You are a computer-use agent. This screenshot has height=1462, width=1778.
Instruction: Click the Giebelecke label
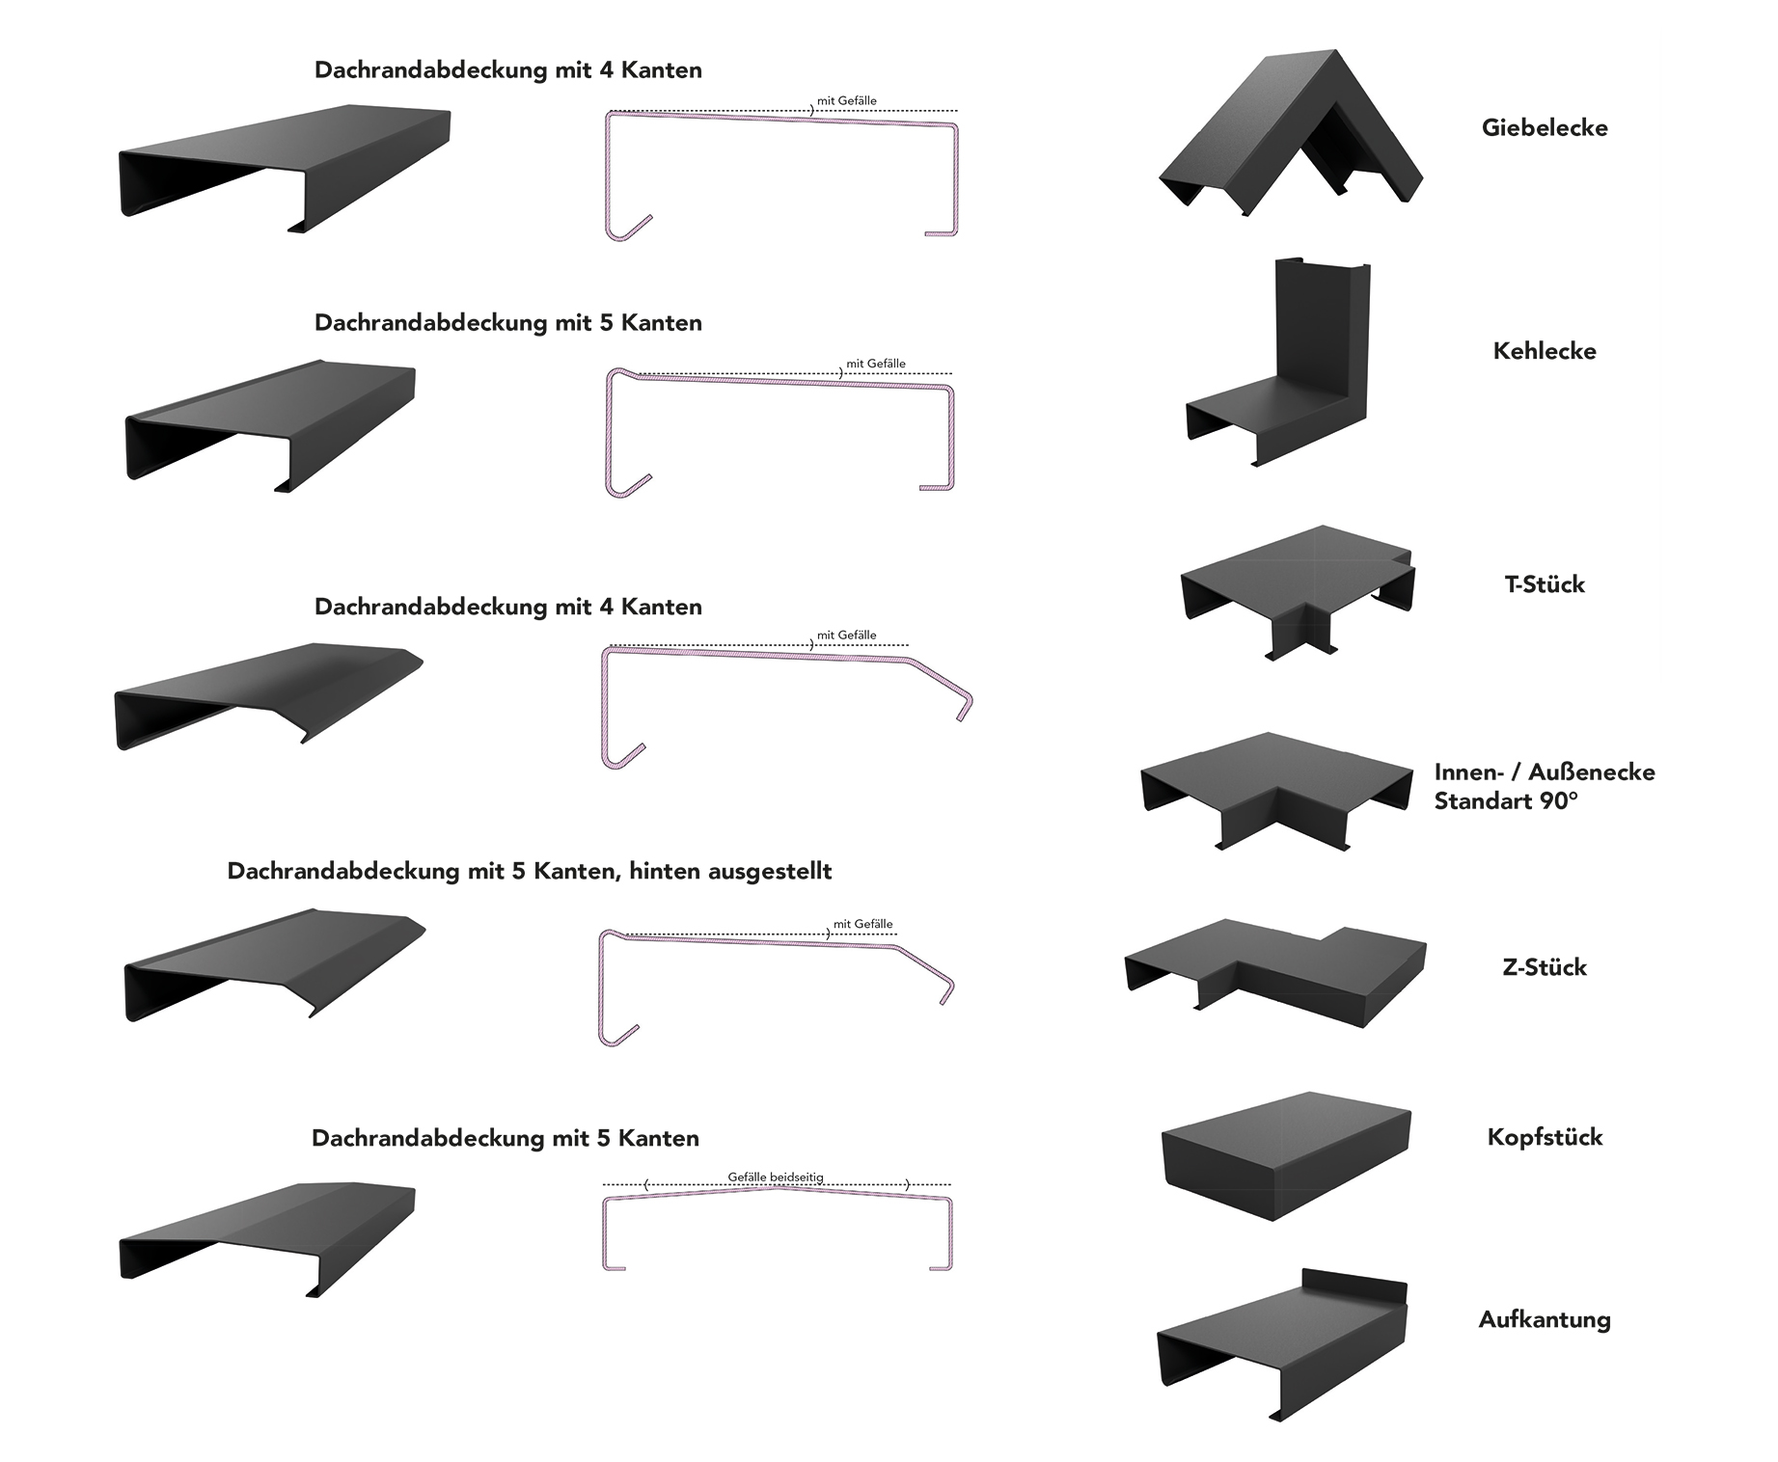[x=1544, y=128]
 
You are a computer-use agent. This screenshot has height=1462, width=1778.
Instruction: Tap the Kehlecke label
[x=1544, y=351]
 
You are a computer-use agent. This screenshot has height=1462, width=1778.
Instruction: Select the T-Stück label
[x=1544, y=584]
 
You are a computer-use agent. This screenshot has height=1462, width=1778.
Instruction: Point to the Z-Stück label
[x=1544, y=967]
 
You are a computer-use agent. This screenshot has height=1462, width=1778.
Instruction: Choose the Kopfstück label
[x=1544, y=1137]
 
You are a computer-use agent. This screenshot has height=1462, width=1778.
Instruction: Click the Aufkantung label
[x=1544, y=1320]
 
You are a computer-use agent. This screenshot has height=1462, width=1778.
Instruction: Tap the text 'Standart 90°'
[x=1505, y=801]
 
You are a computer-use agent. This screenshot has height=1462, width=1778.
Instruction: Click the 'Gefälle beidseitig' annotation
[x=776, y=1178]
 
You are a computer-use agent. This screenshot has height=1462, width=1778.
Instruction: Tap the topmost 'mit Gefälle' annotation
[x=846, y=100]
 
